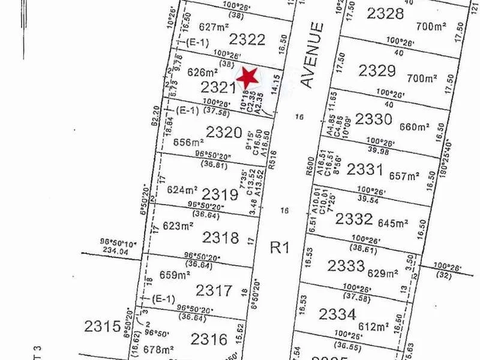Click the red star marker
click(x=247, y=77)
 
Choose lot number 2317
click(x=214, y=291)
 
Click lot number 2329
click(x=377, y=71)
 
